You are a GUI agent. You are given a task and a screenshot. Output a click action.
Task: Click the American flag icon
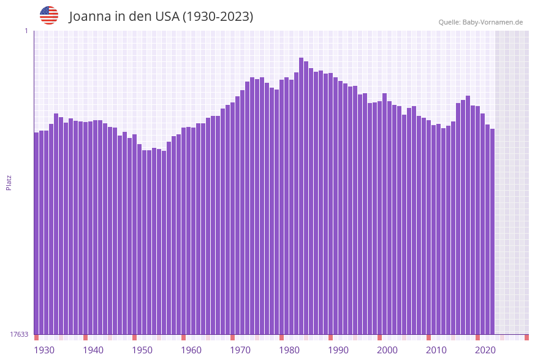coord(49,15)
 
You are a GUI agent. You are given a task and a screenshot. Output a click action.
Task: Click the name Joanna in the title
coord(89,17)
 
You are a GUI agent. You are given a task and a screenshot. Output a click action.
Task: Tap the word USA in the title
coord(167,17)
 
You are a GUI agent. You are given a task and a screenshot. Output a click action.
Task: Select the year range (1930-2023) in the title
coord(218,17)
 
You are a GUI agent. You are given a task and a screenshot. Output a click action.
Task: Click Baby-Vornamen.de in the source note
coord(492,22)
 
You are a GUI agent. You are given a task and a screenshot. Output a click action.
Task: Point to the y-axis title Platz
coord(9,182)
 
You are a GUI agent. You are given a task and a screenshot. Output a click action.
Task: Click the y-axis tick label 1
coord(26,31)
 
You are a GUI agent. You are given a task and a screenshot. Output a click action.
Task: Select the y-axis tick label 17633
coord(19,334)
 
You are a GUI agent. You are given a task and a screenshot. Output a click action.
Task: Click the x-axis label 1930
coord(44,350)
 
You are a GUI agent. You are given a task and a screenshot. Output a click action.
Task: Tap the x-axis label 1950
coord(142,350)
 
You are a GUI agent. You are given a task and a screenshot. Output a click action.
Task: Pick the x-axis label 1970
coord(240,350)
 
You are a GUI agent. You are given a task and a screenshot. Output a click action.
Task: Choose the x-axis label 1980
coord(289,350)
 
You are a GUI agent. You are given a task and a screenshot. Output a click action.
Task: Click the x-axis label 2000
coord(387,350)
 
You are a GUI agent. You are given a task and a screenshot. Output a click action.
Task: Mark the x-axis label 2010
coord(436,350)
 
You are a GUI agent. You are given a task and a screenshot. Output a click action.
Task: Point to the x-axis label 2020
coord(485,350)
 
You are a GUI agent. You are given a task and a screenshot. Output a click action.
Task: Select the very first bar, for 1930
coord(37,233)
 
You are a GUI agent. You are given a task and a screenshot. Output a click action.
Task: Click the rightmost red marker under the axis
coord(526,337)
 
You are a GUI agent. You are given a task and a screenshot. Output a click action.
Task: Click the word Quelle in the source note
coord(449,22)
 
